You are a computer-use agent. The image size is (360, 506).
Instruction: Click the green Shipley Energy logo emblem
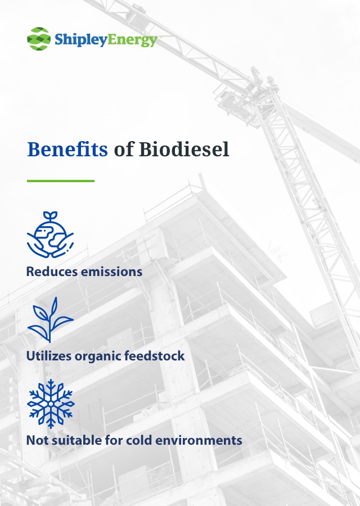[x=39, y=39]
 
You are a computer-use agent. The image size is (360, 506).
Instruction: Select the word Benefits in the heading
[x=67, y=149]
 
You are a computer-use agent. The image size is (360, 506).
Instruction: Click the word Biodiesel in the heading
[x=184, y=149]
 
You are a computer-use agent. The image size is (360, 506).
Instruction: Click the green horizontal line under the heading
[x=61, y=181]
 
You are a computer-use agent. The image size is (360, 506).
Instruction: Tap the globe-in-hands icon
[x=51, y=234]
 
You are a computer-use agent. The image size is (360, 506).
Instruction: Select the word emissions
[x=112, y=272]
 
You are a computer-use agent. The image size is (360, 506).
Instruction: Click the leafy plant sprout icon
[x=51, y=320]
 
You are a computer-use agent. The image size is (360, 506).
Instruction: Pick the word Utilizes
[x=49, y=356]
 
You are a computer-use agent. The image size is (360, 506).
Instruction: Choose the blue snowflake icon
[x=51, y=404]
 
